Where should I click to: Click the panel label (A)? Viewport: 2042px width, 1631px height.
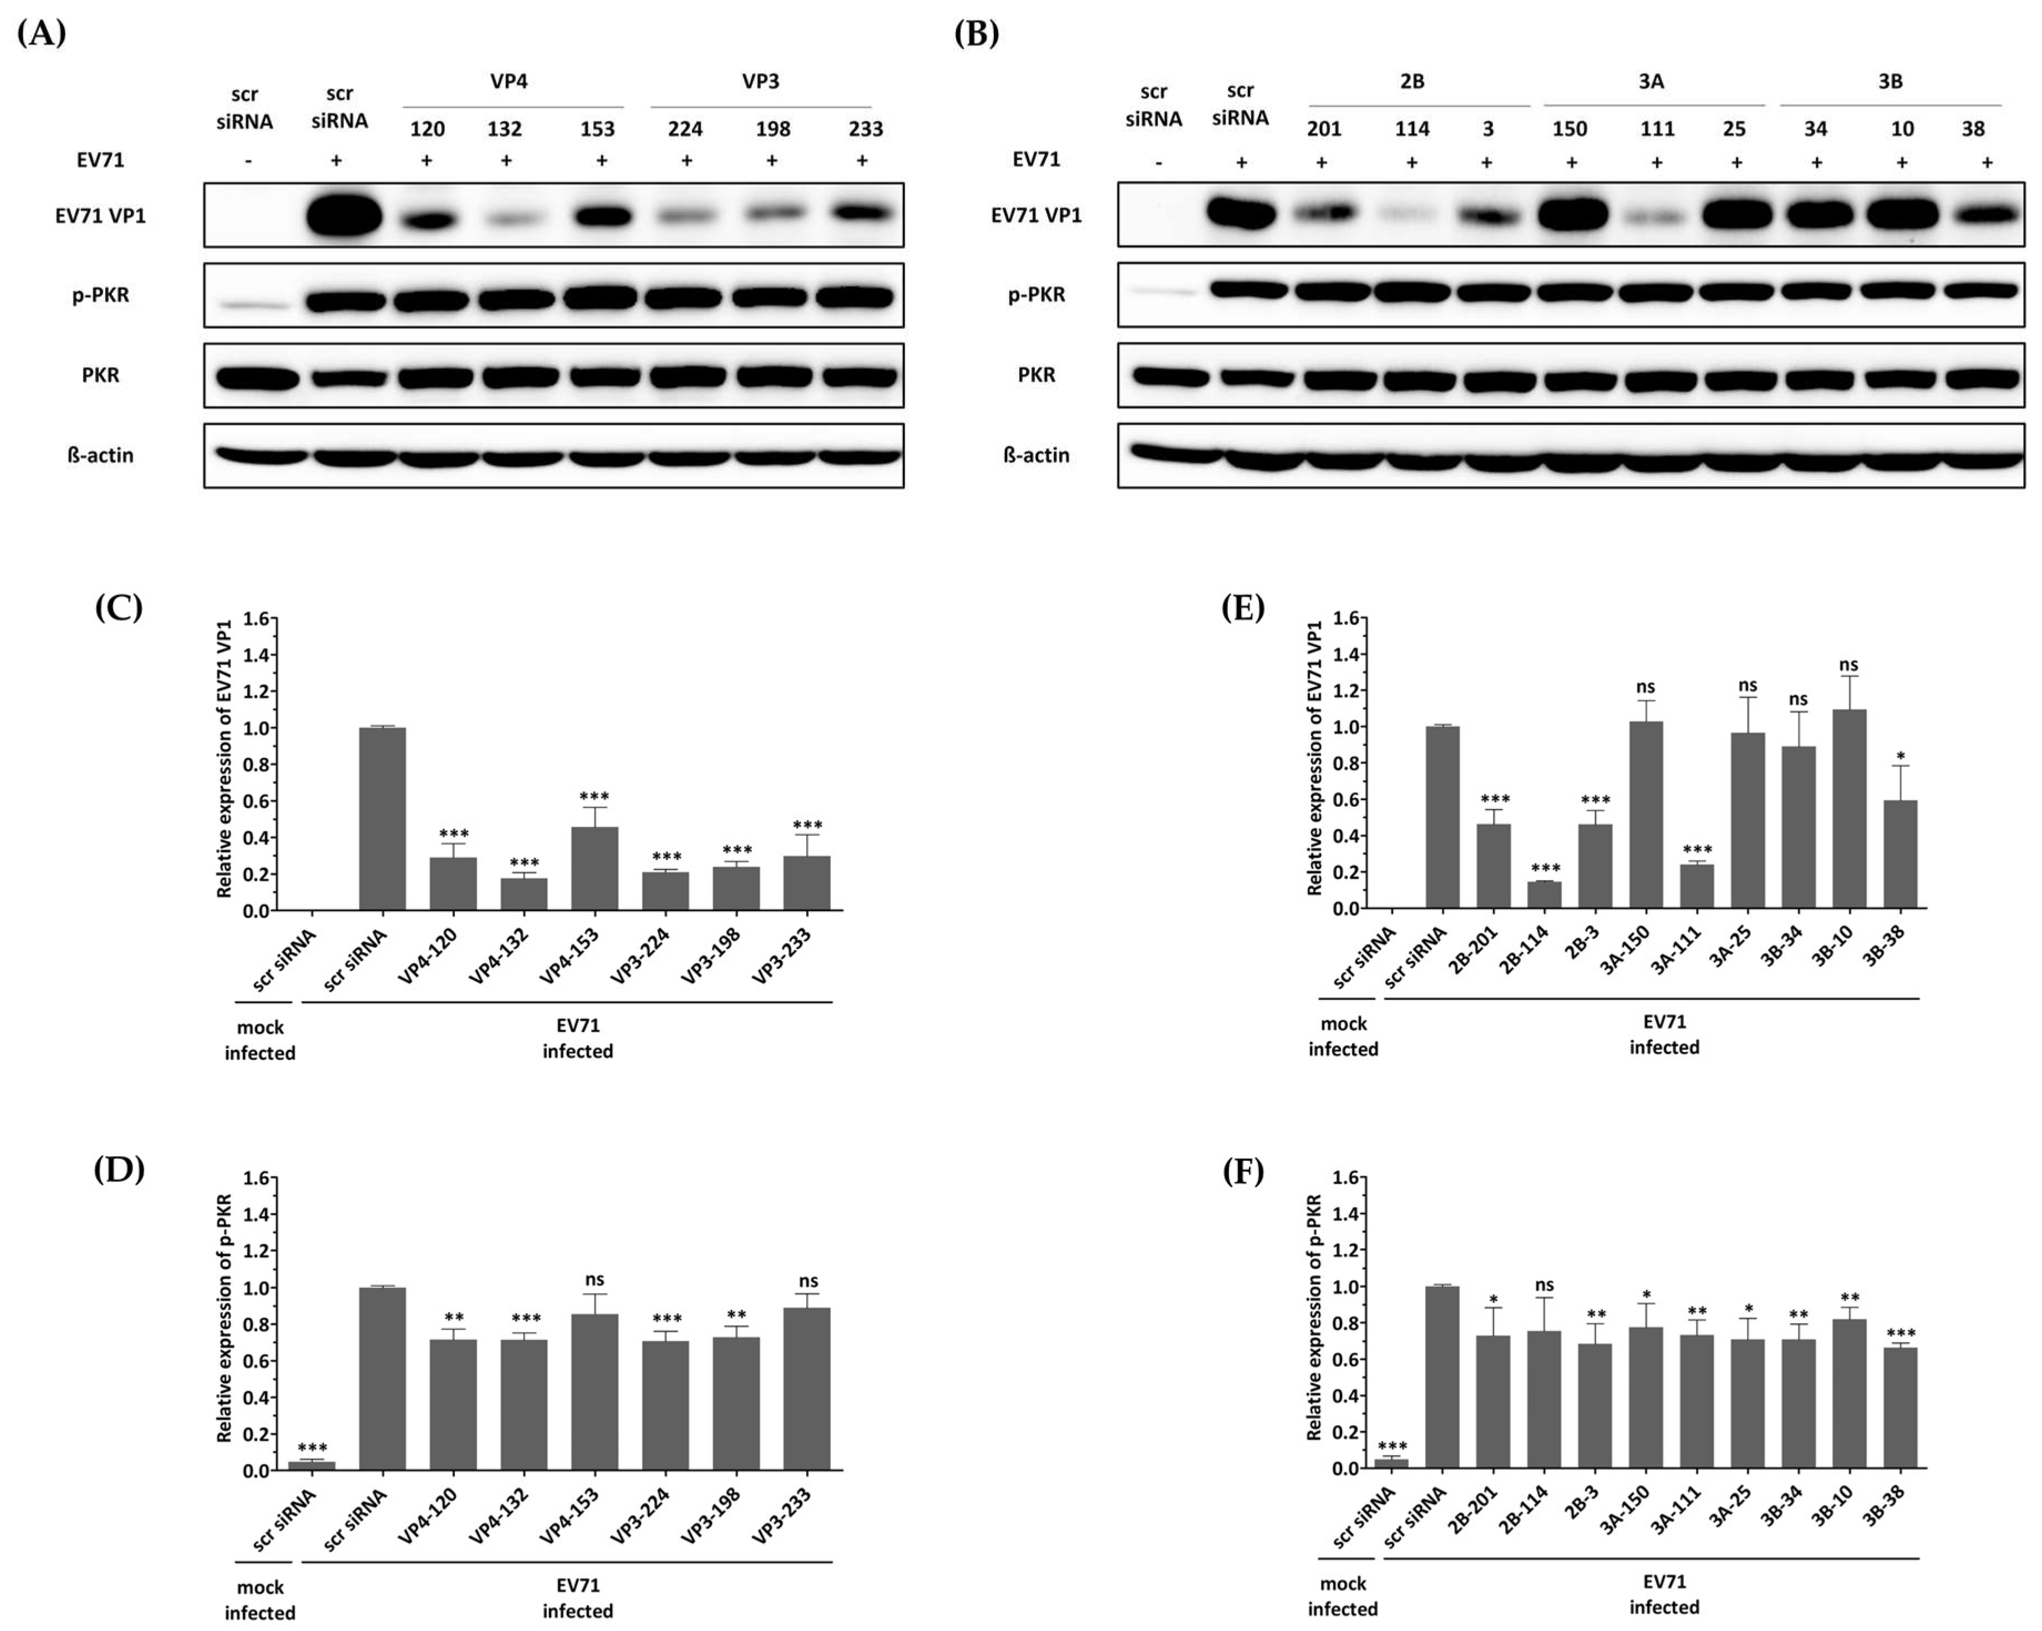coord(42,34)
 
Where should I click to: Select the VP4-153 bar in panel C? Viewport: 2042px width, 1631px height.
coord(595,867)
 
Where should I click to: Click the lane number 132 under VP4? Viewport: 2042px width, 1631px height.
coord(505,129)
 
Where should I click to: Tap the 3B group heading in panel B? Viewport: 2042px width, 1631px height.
coord(1891,82)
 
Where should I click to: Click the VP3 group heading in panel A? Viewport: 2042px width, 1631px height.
coord(760,82)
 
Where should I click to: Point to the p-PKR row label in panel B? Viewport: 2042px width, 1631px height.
coord(1036,294)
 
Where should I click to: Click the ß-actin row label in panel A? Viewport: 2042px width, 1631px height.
coord(100,455)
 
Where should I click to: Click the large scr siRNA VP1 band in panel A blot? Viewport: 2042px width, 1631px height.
coord(344,216)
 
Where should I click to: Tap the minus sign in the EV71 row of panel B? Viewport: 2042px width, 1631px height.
coord(1157,162)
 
